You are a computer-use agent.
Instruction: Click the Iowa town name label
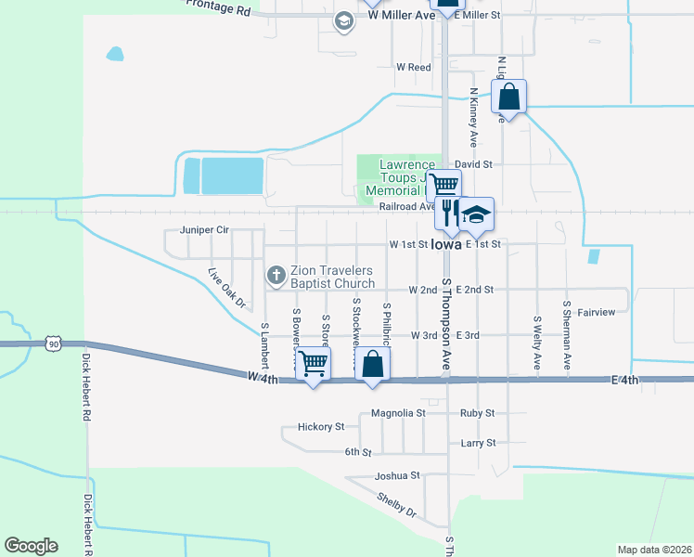click(x=446, y=246)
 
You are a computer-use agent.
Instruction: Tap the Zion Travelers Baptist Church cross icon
click(x=276, y=275)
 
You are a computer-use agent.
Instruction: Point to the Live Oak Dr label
click(x=227, y=288)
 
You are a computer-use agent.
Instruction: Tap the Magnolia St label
click(x=397, y=413)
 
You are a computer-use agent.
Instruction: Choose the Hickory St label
click(x=321, y=427)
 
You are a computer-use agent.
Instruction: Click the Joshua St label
click(x=397, y=475)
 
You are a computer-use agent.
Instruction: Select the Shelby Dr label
click(x=397, y=505)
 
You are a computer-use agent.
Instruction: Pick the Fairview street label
click(x=596, y=312)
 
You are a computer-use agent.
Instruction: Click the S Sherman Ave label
click(x=566, y=335)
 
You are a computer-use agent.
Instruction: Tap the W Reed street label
click(x=414, y=68)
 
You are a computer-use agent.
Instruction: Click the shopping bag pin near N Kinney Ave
click(x=509, y=96)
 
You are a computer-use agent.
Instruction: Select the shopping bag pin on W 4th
click(x=372, y=365)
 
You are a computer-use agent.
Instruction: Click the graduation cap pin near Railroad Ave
click(x=476, y=214)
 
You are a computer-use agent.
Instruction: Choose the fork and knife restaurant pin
click(x=448, y=214)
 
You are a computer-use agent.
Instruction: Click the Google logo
click(x=32, y=545)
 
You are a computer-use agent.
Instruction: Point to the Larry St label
click(x=478, y=444)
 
